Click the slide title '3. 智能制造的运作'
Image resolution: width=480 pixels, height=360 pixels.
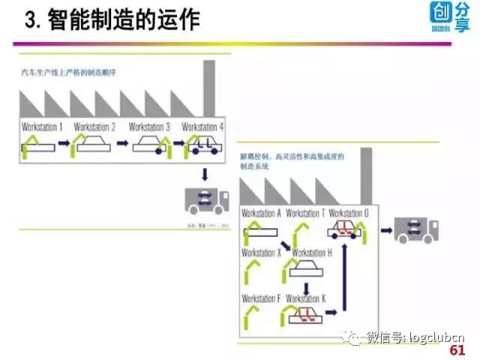click(112, 19)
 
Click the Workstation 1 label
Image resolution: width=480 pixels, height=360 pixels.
click(43, 127)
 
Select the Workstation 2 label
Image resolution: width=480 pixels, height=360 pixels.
click(94, 127)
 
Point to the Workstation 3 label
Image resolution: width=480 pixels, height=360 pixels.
click(149, 127)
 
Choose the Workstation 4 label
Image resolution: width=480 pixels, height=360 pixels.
click(203, 127)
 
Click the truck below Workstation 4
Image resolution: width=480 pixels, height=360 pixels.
click(207, 201)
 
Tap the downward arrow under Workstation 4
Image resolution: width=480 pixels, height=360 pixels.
click(205, 175)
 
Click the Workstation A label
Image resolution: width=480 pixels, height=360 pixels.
click(261, 213)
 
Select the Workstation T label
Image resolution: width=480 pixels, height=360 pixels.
click(306, 213)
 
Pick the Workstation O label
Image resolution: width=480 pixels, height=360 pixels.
click(349, 213)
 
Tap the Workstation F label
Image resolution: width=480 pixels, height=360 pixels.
click(261, 298)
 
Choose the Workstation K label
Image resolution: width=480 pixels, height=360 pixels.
click(306, 298)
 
